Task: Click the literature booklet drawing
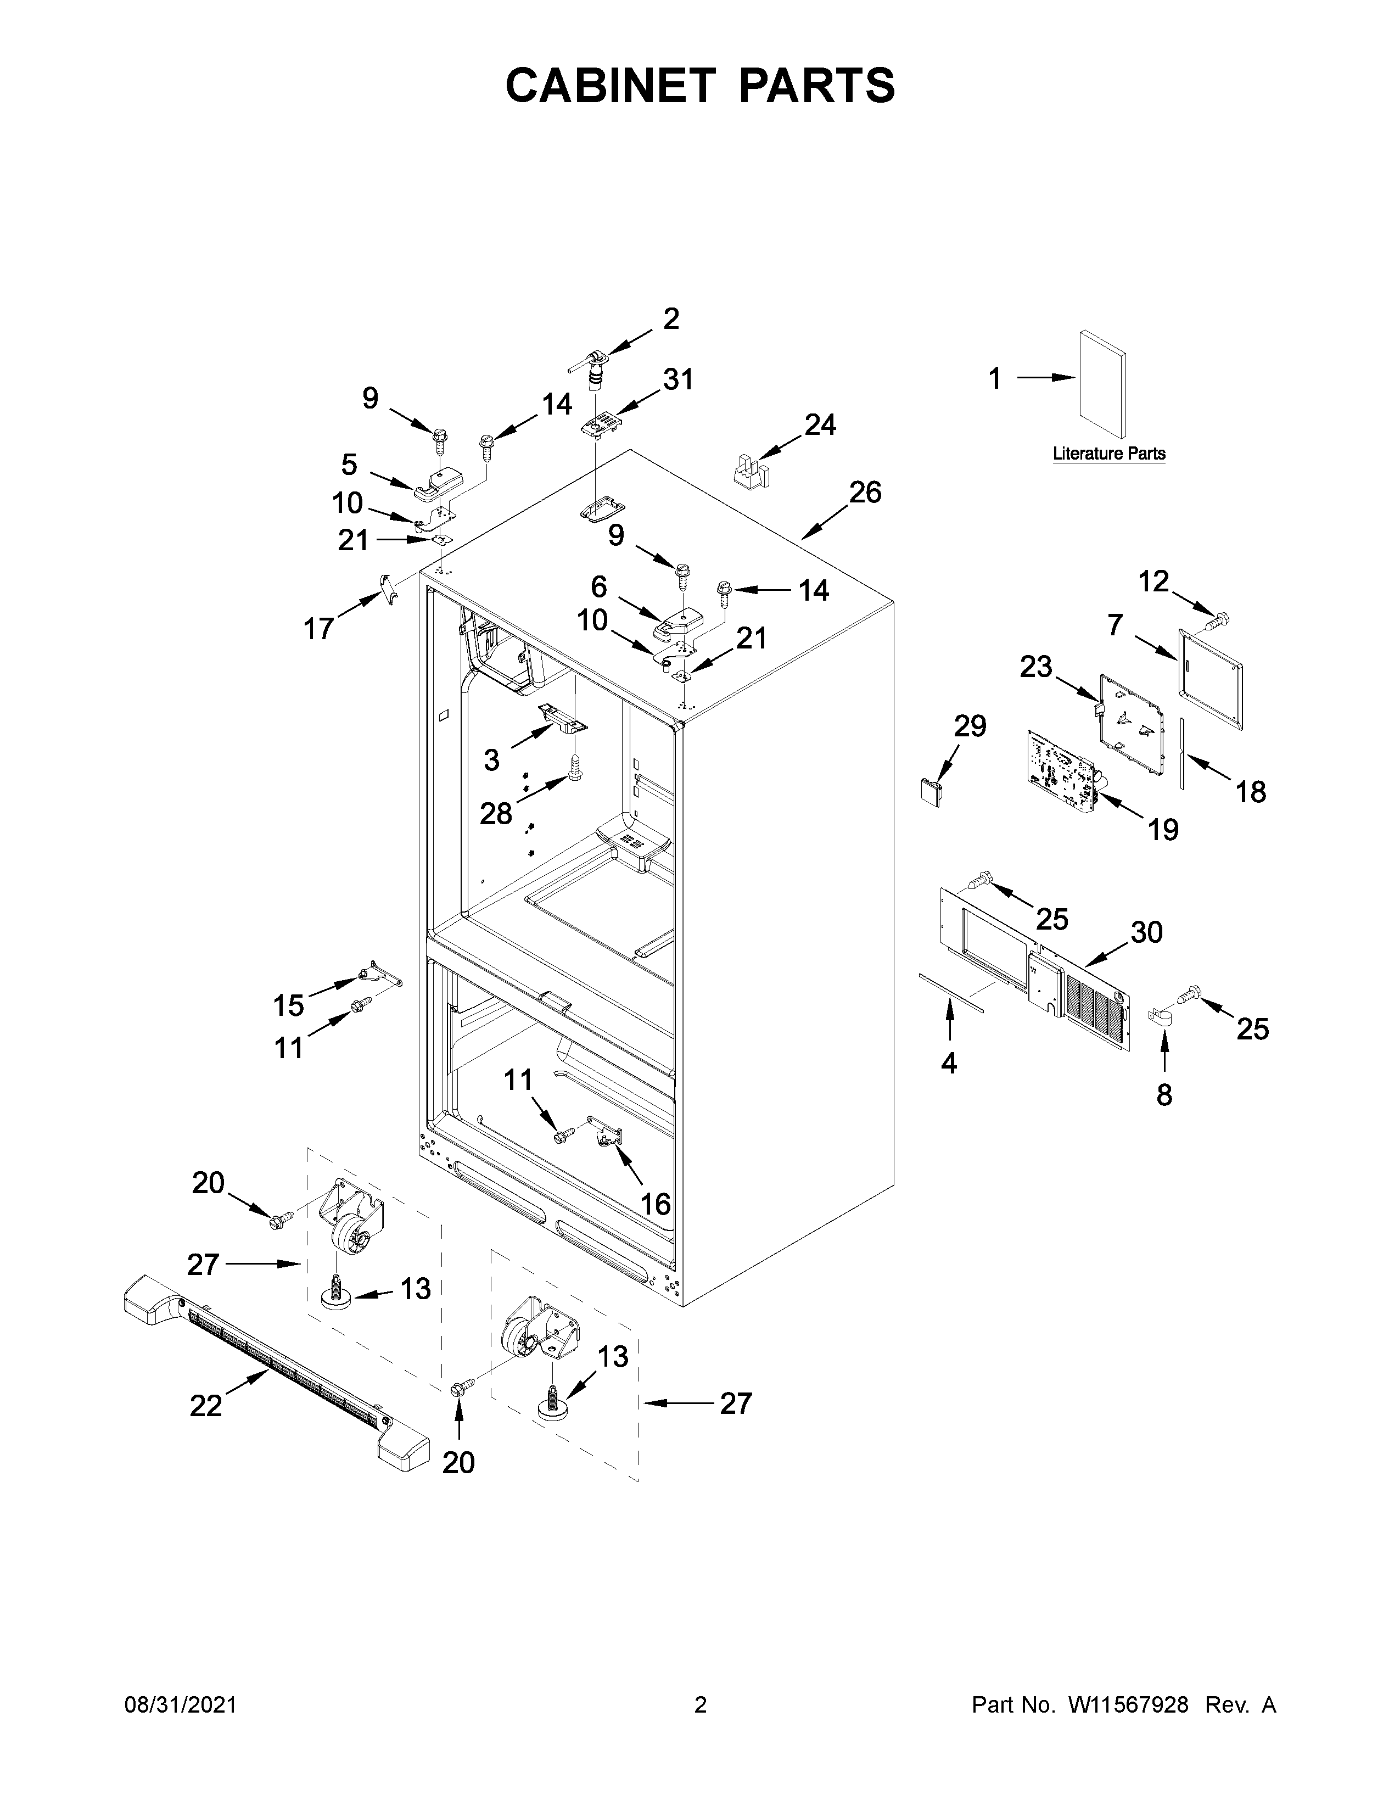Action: click(1102, 384)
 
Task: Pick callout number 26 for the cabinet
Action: click(865, 493)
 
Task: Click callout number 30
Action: click(1147, 932)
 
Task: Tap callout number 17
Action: click(318, 629)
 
